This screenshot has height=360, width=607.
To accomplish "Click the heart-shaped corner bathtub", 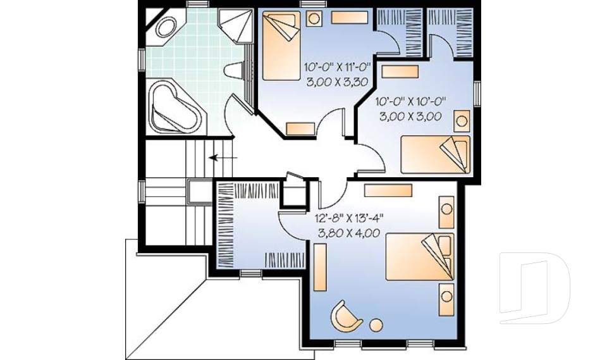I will click(x=174, y=106).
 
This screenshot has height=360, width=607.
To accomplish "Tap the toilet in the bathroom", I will click(x=240, y=70).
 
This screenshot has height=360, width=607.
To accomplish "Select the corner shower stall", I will click(x=235, y=25).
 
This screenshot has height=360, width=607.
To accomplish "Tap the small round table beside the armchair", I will click(x=376, y=325).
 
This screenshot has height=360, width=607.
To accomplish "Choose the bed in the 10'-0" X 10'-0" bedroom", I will click(x=436, y=154).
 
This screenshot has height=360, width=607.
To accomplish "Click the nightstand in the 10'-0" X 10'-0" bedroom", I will click(x=462, y=120).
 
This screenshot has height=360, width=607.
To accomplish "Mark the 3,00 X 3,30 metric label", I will click(x=337, y=81).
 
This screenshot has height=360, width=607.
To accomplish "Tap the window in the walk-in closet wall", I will click(x=251, y=273).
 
